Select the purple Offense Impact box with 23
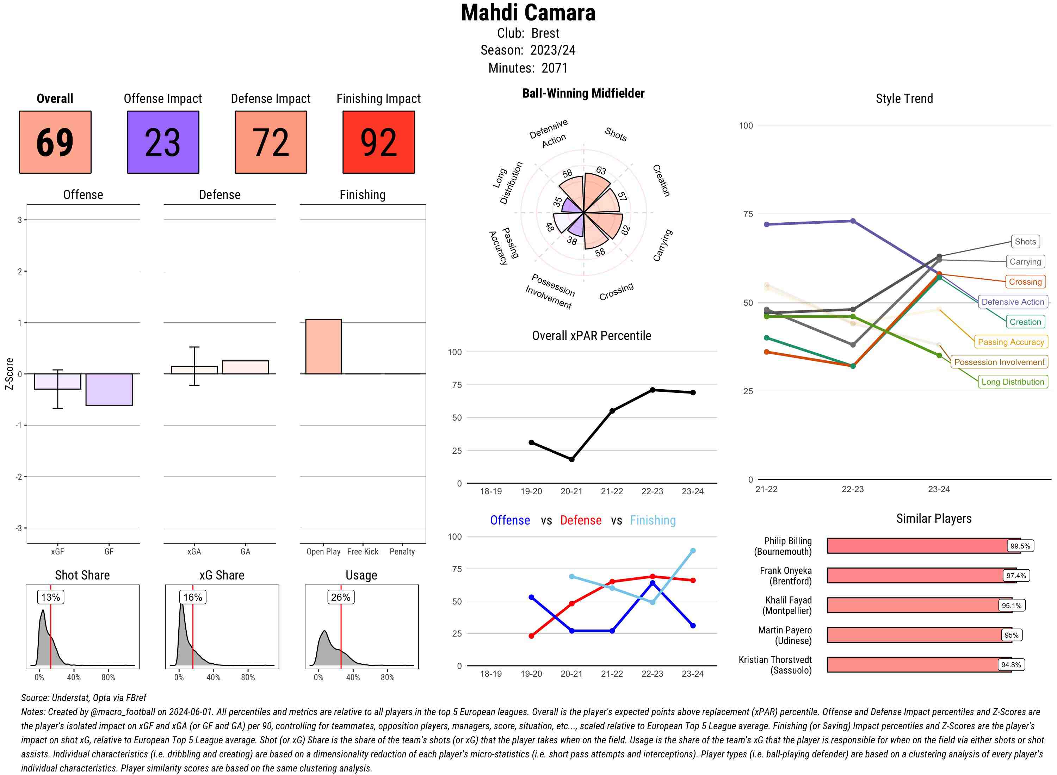point(163,142)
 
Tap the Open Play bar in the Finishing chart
point(323,347)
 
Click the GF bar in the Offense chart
point(109,389)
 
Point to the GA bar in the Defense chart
point(245,367)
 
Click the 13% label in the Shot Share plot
point(51,597)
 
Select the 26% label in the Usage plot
point(341,597)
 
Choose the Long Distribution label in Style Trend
point(1013,382)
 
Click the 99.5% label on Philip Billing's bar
point(1020,546)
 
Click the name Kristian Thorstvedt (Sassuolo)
point(775,665)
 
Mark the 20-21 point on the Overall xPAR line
point(571,459)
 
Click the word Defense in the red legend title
point(580,520)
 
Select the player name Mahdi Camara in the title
point(528,13)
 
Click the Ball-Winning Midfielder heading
point(583,93)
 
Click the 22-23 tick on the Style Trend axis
point(852,489)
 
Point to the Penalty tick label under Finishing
point(402,552)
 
